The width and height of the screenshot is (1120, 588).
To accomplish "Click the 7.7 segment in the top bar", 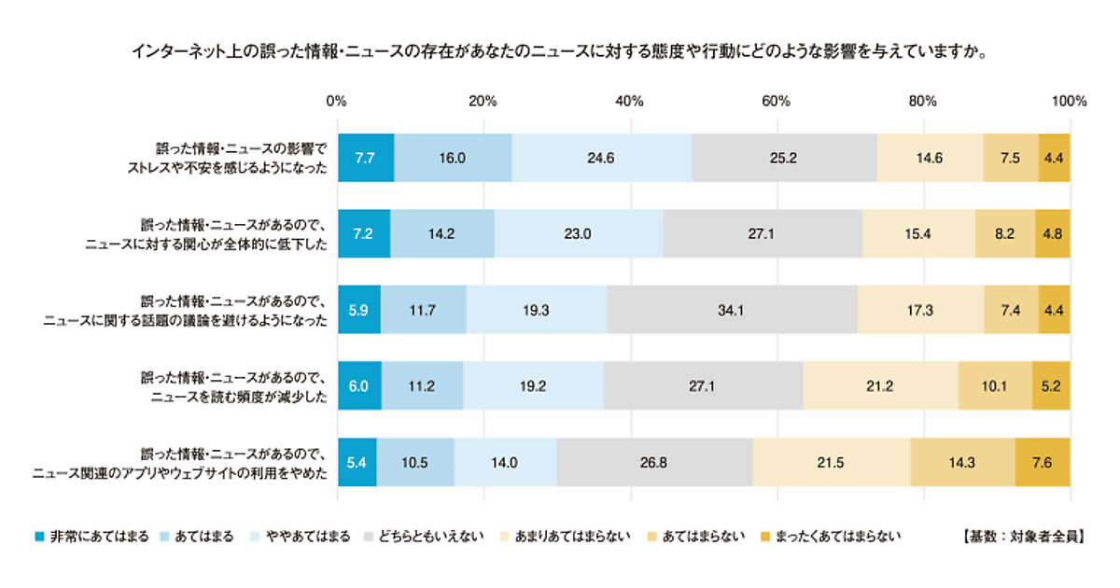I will (365, 158).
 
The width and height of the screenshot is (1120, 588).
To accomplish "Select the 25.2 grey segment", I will (784, 158).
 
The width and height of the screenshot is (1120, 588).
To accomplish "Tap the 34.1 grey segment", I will (732, 310).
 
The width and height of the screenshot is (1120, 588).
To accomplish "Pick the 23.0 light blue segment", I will (579, 234).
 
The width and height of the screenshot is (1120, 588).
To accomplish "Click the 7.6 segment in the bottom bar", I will (1043, 462).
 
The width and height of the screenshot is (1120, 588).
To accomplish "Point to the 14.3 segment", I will (962, 462).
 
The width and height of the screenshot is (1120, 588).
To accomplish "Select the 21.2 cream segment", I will (880, 386).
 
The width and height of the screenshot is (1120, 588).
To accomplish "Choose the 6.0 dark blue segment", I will (359, 386).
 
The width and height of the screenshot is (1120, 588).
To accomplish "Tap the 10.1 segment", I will (995, 386).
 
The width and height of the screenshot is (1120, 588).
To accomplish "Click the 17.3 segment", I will (921, 310).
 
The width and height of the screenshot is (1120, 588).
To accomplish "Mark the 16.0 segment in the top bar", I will (453, 158).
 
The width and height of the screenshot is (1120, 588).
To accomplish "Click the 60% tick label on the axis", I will (777, 101).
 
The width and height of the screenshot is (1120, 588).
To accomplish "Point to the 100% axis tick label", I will (1069, 101).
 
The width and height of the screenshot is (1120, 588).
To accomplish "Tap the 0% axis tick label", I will (337, 101).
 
